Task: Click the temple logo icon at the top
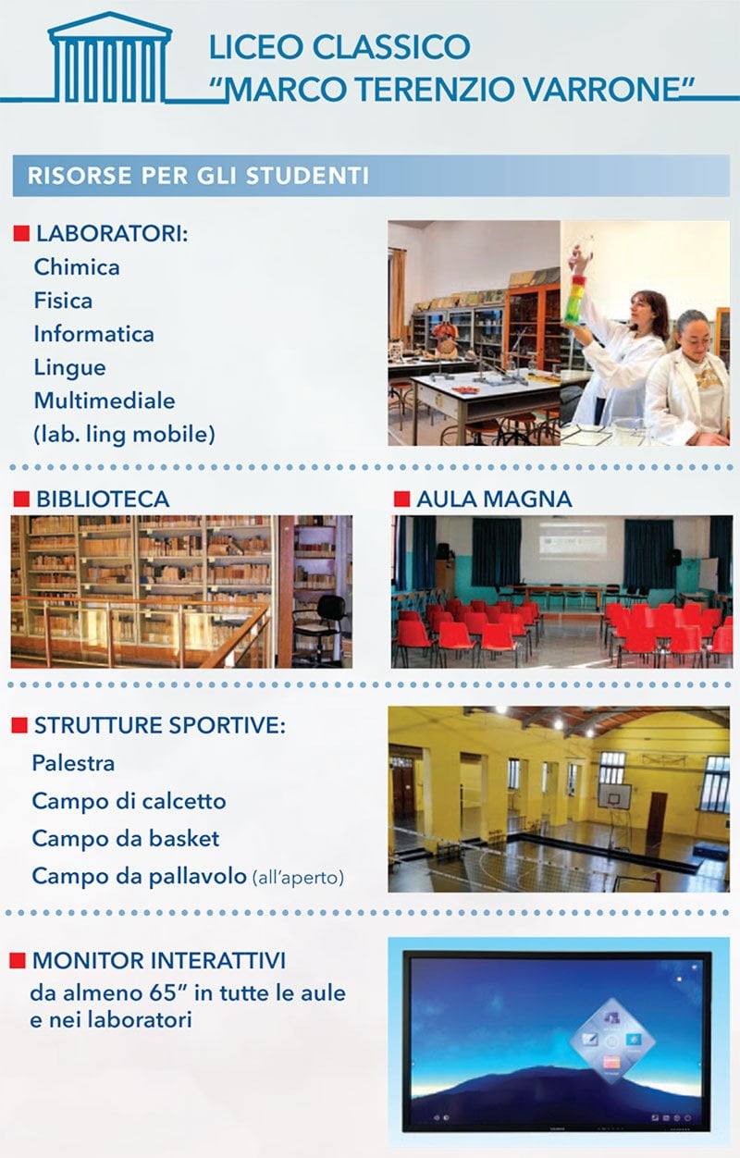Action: [110, 58]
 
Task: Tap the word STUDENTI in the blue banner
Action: [307, 176]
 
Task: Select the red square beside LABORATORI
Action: [21, 234]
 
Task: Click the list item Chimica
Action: [77, 267]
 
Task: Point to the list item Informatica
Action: [93, 334]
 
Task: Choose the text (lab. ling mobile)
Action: [124, 435]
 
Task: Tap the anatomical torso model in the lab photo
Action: [445, 339]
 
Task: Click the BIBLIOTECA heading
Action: [103, 499]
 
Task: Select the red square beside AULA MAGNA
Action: [401, 499]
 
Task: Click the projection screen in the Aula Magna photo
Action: [573, 540]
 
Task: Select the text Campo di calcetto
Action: [129, 801]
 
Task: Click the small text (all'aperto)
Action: [298, 878]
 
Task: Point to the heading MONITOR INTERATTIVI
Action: [159, 961]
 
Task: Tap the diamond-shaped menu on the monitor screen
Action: [611, 1041]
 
